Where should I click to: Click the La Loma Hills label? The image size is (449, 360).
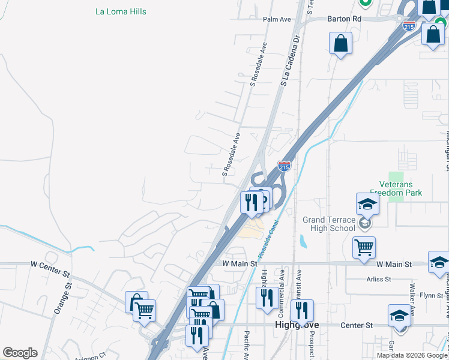[121, 11]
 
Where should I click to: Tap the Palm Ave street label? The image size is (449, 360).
[277, 19]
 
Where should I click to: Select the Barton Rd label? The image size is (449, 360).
[344, 19]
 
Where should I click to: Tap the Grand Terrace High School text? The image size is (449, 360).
[328, 224]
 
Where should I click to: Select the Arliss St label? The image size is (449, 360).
[379, 279]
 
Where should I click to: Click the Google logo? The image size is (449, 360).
[20, 353]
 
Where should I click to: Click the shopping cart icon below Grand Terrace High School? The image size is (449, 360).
[364, 247]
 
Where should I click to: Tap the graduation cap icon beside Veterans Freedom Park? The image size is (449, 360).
[367, 204]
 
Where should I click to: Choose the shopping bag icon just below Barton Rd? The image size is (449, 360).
[340, 43]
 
